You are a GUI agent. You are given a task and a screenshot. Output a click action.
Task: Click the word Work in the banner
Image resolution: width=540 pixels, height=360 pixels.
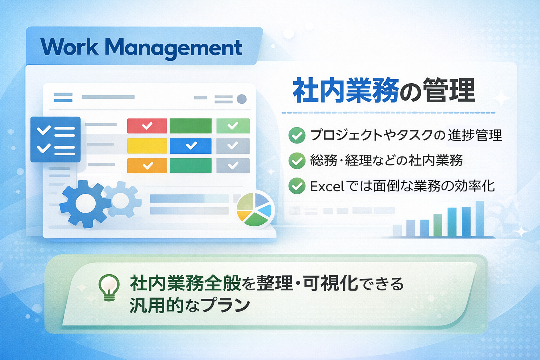pos(69,46)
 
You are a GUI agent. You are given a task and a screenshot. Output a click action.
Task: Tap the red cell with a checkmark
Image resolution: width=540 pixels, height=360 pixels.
pos(147,126)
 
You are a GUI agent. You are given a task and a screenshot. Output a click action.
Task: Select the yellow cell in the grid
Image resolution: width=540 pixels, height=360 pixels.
pos(147,146)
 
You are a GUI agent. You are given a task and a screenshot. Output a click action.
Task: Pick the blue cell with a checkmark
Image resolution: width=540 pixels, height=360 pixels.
pos(191,146)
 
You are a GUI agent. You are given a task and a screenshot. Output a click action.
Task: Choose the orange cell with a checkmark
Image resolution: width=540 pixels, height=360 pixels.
pos(147,166)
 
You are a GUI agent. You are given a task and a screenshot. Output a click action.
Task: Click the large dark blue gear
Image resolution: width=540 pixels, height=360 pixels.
pos(85,204)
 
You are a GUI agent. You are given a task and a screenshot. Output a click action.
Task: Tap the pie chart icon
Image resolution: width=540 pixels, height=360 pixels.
pos(255,209)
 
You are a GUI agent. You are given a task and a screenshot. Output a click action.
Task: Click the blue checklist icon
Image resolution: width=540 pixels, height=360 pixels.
pos(56,139)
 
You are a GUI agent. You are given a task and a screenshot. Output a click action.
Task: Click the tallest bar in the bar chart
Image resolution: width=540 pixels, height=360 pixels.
pos(480,219)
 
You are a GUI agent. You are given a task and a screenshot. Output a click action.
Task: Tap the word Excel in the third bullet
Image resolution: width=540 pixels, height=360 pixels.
pos(327,186)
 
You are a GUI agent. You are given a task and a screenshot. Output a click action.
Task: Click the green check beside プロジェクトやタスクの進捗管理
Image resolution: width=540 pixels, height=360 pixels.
pos(297,135)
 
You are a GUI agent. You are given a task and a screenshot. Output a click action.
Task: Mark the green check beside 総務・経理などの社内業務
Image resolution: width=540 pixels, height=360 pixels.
pos(297,161)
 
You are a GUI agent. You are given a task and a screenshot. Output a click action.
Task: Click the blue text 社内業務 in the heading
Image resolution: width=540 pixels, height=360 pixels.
pos(346,90)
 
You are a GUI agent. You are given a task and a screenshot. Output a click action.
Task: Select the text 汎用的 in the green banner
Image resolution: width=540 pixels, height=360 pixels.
pos(156,305)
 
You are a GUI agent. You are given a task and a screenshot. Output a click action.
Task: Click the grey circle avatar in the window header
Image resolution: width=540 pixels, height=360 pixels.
pos(242,99)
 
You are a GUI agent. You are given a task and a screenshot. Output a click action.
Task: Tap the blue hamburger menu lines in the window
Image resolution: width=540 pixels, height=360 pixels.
pos(63,97)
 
